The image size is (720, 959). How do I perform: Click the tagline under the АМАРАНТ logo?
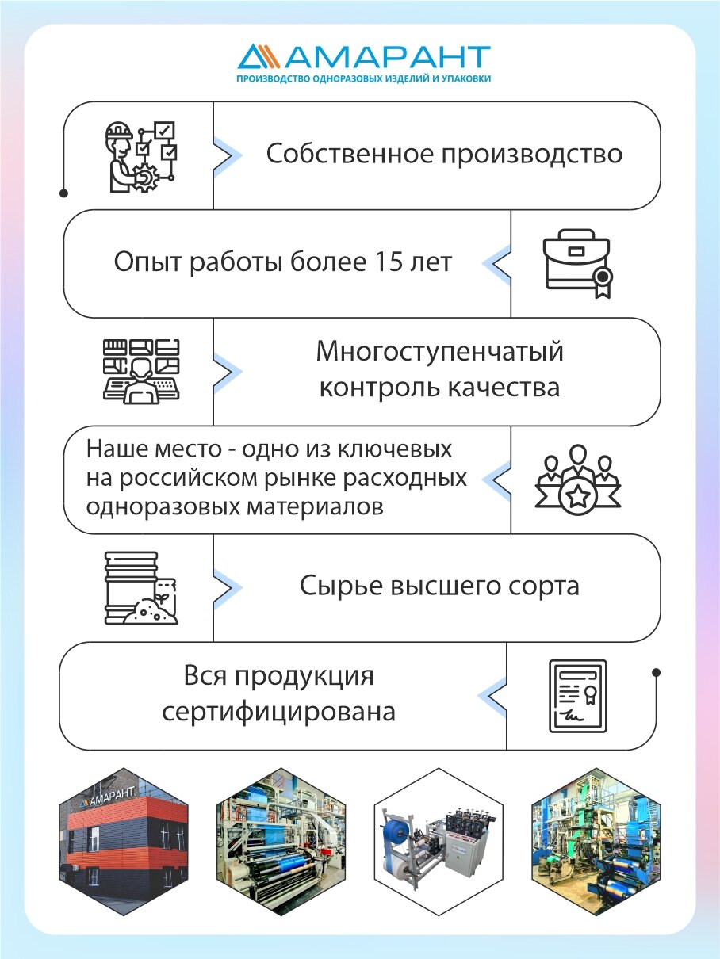[364, 79]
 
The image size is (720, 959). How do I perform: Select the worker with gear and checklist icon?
[140, 156]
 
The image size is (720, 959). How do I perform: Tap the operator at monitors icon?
[142, 369]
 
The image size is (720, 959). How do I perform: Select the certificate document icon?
[578, 695]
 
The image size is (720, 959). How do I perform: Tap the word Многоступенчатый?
[440, 351]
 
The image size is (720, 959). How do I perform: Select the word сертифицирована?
[278, 711]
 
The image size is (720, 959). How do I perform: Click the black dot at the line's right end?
[656, 673]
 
